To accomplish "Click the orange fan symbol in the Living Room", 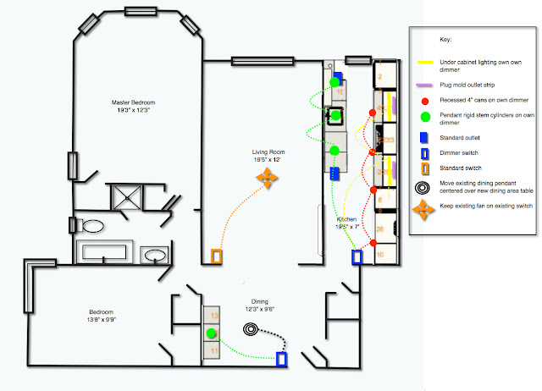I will coord(268,179).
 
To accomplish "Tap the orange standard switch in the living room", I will coord(217,256).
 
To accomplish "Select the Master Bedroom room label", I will coord(134,107).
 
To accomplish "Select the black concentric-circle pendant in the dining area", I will coord(252,329).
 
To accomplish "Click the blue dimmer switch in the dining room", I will coord(282,359).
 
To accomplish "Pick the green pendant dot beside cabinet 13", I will coord(210,333).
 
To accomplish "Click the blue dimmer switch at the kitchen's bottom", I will coord(357,256).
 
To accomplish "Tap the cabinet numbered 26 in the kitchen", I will coord(381,229).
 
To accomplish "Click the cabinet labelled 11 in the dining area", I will coord(215,350).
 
